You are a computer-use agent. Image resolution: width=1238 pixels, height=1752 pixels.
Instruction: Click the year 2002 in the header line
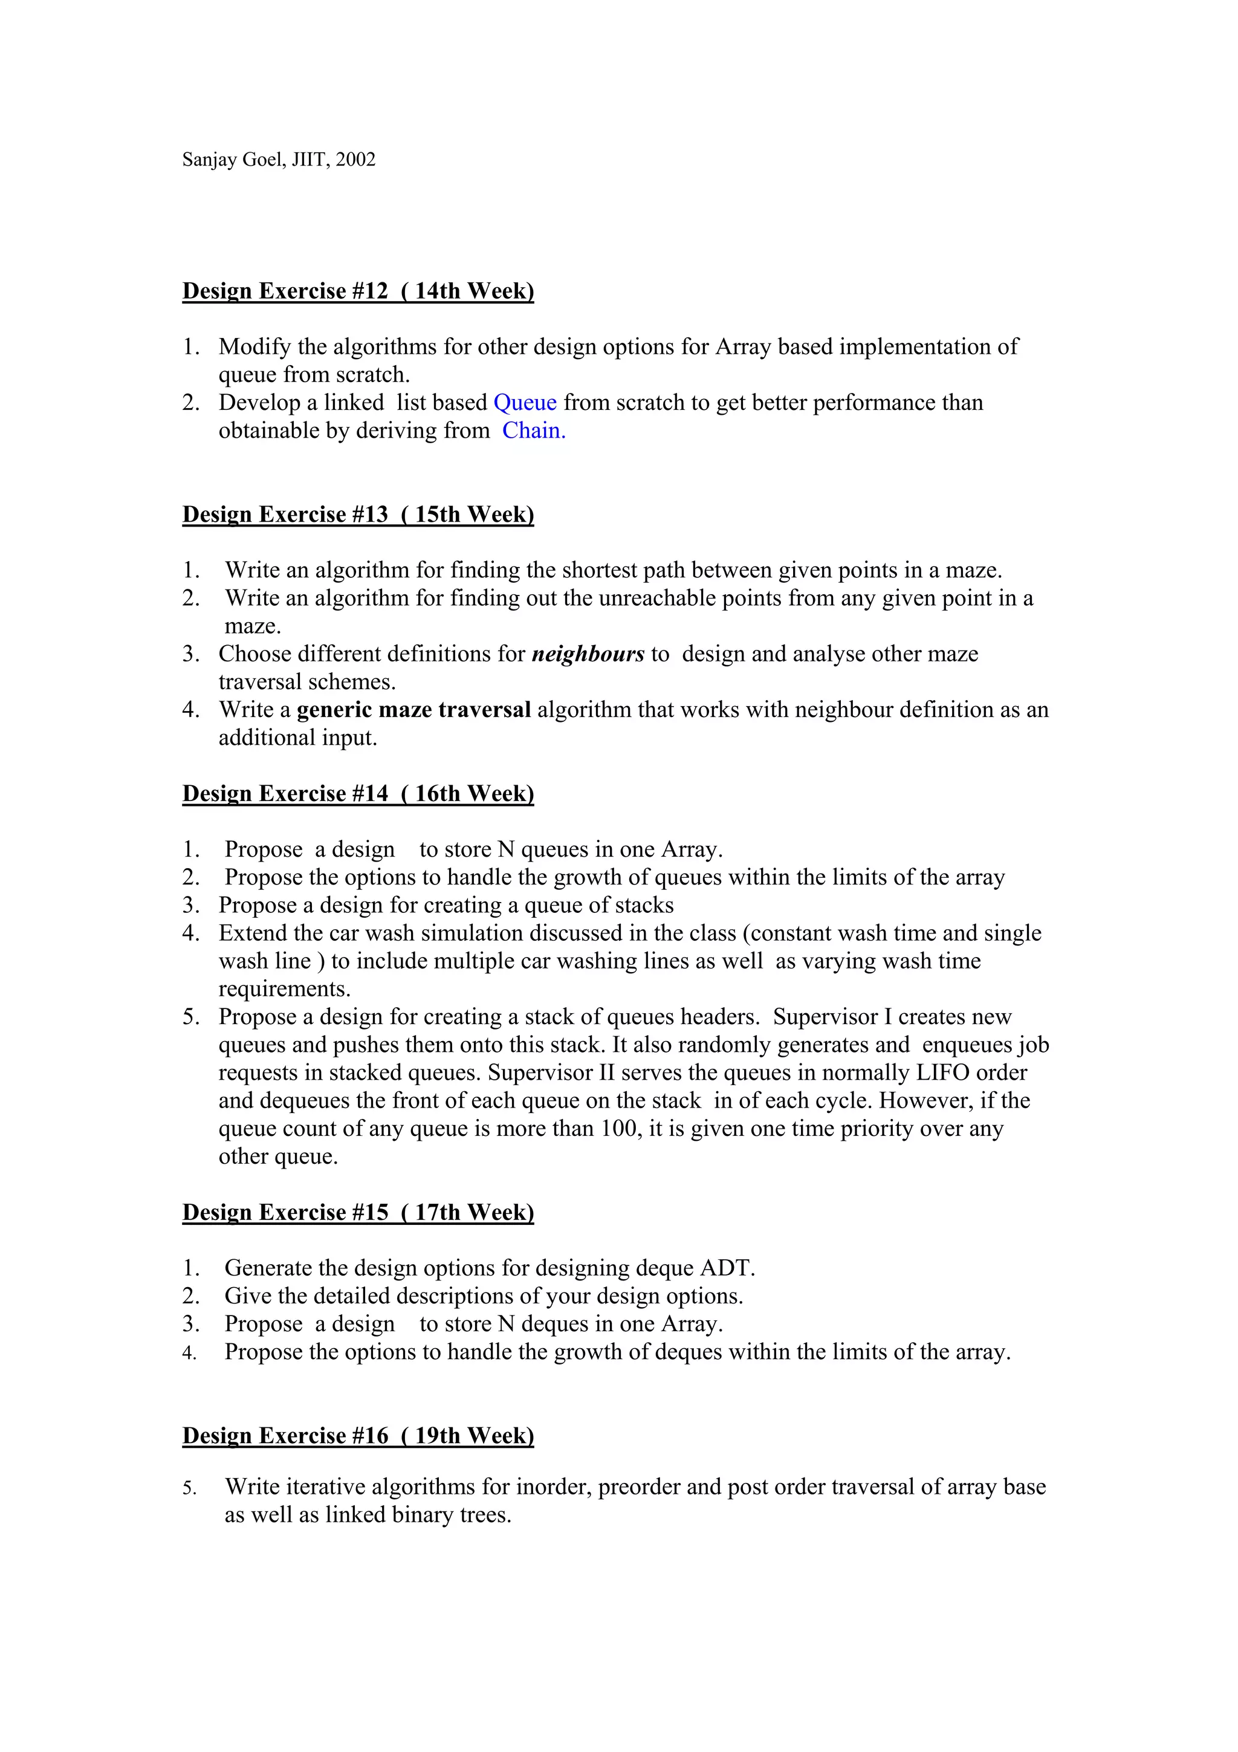355,160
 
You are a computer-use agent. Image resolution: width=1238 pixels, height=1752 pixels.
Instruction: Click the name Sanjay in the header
207,160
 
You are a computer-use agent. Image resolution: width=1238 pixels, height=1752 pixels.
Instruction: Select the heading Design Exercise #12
358,291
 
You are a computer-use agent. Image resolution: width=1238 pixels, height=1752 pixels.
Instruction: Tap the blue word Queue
525,402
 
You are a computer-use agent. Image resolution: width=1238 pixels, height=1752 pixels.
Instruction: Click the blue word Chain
533,430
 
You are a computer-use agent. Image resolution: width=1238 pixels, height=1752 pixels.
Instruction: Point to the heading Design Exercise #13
358,514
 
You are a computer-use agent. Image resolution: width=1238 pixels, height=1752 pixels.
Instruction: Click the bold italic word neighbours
588,654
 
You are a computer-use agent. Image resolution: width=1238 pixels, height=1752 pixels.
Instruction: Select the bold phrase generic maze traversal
413,710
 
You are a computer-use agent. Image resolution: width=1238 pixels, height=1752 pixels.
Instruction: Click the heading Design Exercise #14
358,794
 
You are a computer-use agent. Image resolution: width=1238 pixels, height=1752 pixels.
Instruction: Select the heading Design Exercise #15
358,1213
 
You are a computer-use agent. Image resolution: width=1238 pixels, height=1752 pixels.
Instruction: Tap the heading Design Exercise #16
358,1435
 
